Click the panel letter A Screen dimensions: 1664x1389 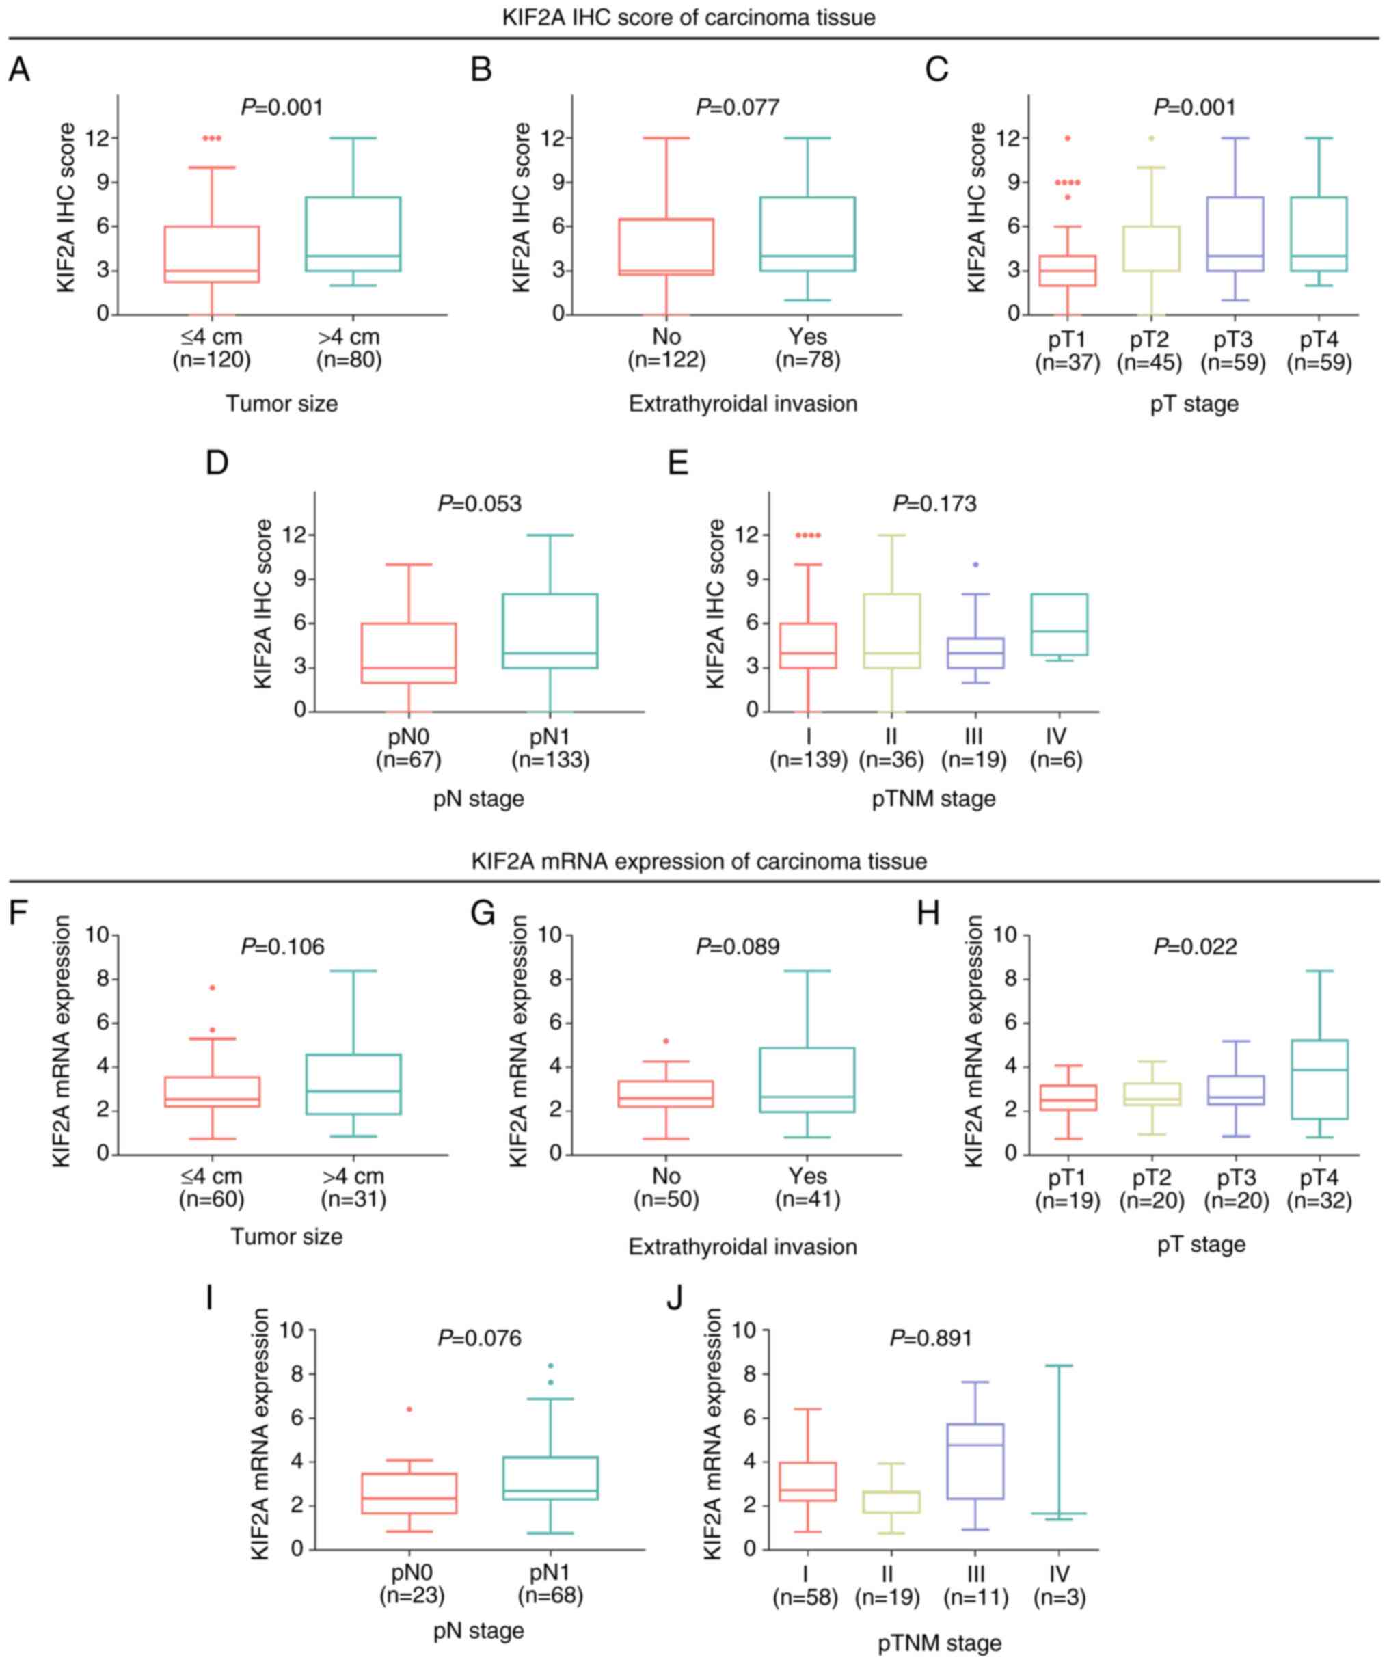point(19,70)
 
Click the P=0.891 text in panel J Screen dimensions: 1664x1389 point(931,1339)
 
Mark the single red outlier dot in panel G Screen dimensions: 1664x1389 point(666,1041)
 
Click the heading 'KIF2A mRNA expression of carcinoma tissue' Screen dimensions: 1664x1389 point(699,861)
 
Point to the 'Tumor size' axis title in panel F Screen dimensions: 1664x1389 point(287,1236)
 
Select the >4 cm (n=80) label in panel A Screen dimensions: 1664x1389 point(349,349)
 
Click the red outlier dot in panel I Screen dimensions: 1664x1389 point(409,1409)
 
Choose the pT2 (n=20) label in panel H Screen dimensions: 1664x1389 point(1151,1190)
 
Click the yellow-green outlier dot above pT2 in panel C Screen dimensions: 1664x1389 point(1151,138)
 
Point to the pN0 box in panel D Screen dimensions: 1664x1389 point(409,653)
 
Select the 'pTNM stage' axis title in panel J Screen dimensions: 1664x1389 point(939,1643)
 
